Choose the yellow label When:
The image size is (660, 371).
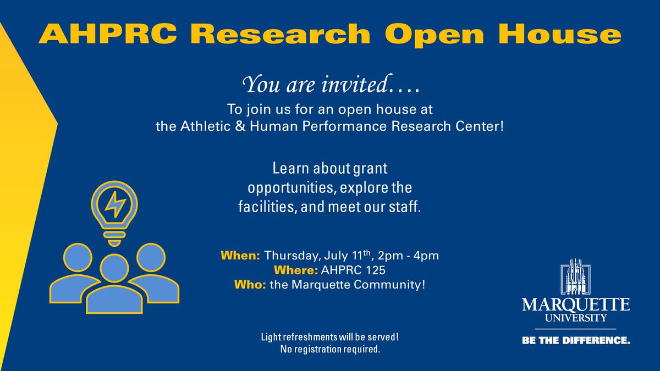tap(240, 256)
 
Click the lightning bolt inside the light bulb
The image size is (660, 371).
tap(114, 204)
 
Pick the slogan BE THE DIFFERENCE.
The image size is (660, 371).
tap(576, 341)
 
